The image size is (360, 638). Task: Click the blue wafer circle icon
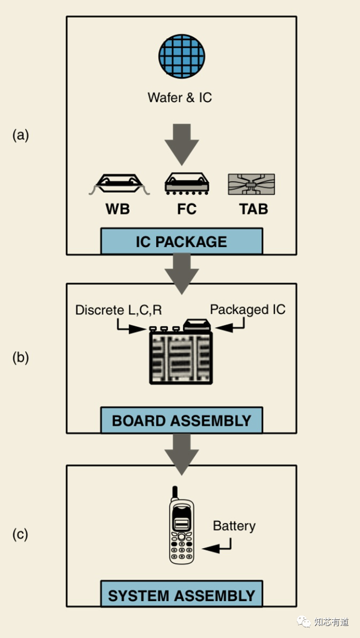tap(181, 56)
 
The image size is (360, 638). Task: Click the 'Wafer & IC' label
tap(180, 98)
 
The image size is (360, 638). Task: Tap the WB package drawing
tap(119, 184)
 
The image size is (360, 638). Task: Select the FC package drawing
tap(187, 184)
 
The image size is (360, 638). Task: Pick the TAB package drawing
tap(251, 184)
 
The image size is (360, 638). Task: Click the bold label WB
tap(117, 209)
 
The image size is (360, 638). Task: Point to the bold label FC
tap(186, 209)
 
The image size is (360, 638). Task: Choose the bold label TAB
tap(253, 209)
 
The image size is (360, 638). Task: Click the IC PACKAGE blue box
tap(181, 241)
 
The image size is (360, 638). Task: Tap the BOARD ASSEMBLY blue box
tap(181, 420)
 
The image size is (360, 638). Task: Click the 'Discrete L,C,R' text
tap(118, 310)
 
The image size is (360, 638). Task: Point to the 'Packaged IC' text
tap(248, 310)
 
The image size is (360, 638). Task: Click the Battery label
tap(234, 526)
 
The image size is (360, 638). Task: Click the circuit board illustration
tap(181, 357)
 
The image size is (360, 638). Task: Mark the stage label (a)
tap(20, 135)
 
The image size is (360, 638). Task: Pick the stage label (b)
tap(20, 358)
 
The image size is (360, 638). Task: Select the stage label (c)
tap(20, 534)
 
